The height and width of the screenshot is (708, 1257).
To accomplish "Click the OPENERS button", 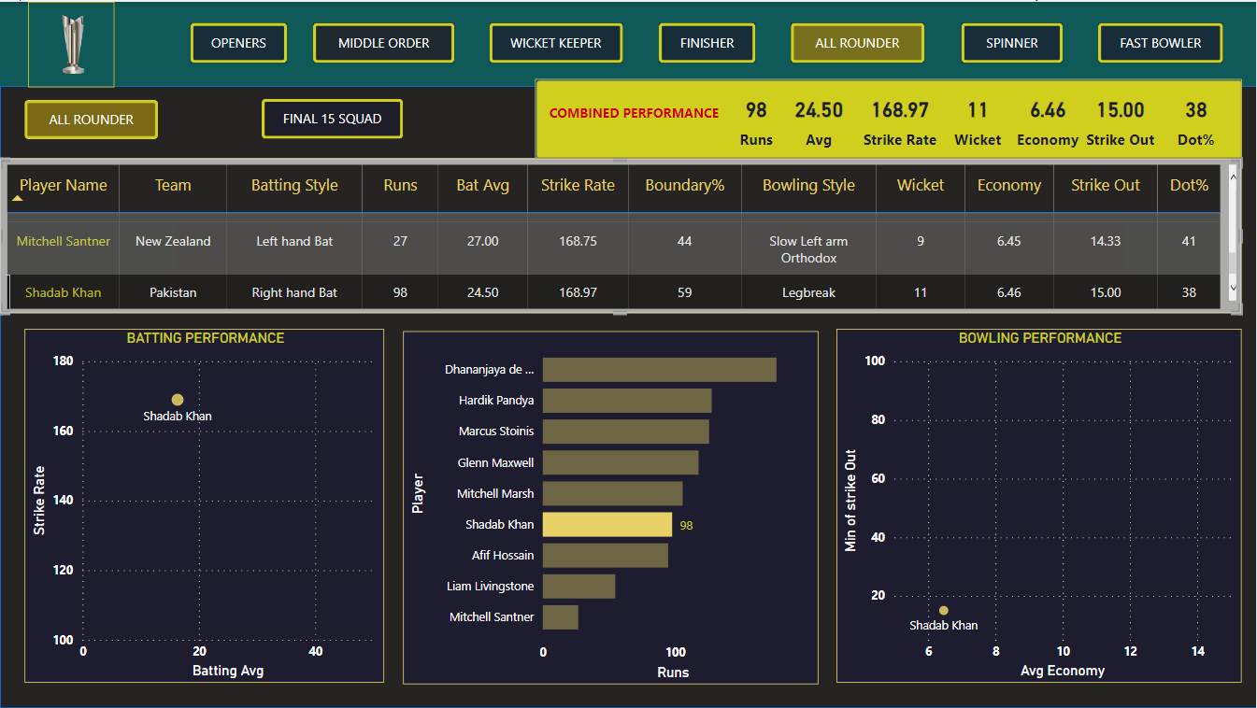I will [x=238, y=43].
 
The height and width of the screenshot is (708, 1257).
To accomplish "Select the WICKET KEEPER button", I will [x=556, y=43].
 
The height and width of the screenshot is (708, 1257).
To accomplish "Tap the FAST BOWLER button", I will [x=1160, y=43].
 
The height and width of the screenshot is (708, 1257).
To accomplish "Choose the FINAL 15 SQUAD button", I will [x=332, y=119].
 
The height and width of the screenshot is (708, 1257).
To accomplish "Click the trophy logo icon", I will [x=71, y=44].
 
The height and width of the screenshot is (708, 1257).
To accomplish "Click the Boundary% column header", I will [x=684, y=185].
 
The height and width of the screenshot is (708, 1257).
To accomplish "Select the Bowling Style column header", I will [x=808, y=185].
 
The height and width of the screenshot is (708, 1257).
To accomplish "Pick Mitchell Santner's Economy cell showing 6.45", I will [x=1008, y=241].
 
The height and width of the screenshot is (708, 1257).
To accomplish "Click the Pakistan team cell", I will [x=173, y=292].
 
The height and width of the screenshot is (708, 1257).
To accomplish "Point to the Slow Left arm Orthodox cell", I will [x=808, y=249].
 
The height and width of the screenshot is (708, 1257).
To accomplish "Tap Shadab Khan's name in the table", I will [x=63, y=292].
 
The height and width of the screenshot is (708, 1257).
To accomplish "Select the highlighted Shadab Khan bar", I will [x=607, y=525].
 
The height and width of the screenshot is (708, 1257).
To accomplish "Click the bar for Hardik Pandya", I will [x=626, y=401].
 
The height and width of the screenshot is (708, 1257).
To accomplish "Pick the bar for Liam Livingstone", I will [x=579, y=587].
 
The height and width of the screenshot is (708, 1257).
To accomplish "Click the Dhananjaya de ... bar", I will [x=659, y=370].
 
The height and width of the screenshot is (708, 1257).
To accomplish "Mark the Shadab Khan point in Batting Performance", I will [x=178, y=400].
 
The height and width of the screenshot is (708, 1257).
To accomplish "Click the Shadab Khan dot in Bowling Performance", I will [x=944, y=611].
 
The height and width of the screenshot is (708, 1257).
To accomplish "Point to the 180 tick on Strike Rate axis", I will [x=64, y=361].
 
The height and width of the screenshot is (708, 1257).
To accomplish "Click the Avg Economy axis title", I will [x=1063, y=671].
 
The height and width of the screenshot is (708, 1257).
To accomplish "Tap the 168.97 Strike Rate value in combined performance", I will [x=900, y=111].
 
